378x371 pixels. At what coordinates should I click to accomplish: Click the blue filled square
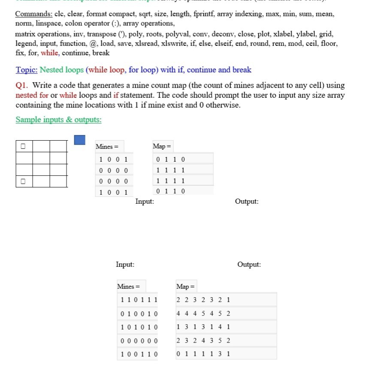coord(79,140)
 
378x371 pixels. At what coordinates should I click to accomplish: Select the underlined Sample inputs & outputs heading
coord(58,120)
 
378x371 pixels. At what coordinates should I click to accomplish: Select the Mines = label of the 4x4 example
coord(104,147)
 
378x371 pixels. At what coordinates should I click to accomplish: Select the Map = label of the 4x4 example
coord(162,147)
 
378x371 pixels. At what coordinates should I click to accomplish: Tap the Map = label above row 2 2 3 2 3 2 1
coord(185,287)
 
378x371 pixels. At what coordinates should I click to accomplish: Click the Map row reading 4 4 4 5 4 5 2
coord(203,314)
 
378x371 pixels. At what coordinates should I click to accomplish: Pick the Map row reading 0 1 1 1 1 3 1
coord(203,354)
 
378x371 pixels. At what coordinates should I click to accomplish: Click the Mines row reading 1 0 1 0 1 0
coord(139,327)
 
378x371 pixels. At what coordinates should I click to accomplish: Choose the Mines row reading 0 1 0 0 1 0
coord(139,314)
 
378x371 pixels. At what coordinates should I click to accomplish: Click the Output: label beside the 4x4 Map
coord(247,201)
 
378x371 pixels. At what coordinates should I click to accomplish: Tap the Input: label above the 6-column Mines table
coord(125,265)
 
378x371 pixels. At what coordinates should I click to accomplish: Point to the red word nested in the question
coord(26,95)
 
